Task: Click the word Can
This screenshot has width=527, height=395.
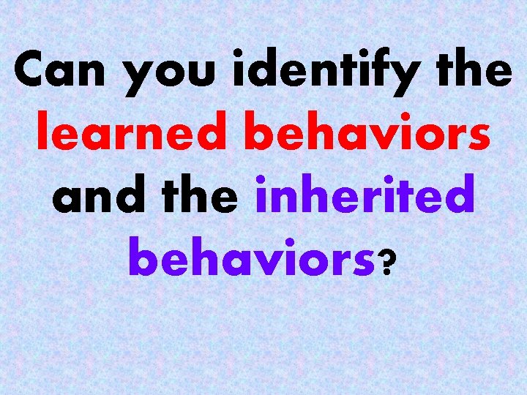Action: pyautogui.click(x=62, y=71)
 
